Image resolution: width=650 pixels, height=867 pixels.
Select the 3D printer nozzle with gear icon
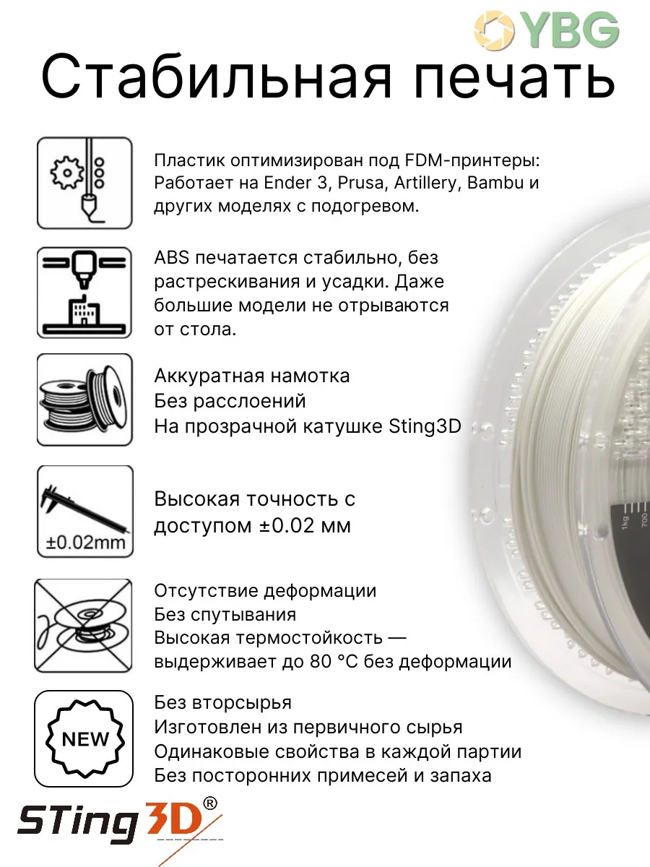click(x=84, y=184)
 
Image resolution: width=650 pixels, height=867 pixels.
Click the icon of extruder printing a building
click(x=84, y=293)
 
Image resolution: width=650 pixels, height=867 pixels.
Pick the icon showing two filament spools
click(x=84, y=400)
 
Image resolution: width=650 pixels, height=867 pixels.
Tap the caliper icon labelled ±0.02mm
click(x=84, y=512)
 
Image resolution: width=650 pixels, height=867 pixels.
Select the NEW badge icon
click(x=84, y=738)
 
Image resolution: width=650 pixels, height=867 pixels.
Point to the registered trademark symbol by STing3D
click(x=209, y=803)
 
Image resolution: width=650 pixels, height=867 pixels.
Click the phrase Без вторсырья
click(x=222, y=702)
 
